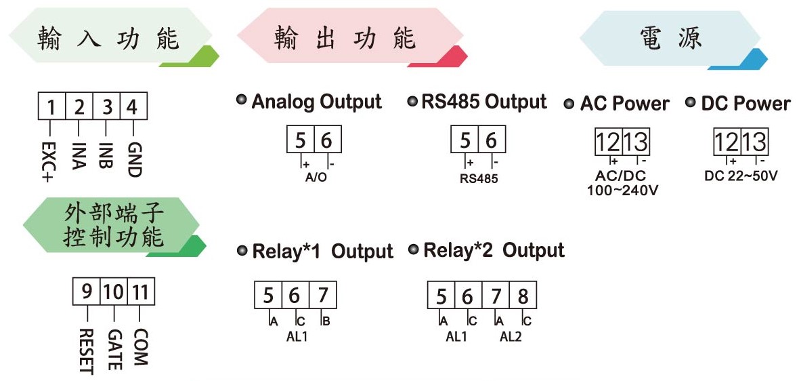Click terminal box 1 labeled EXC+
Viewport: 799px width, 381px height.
[51, 106]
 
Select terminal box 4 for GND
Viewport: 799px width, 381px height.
[133, 106]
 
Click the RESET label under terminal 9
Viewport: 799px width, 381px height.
[87, 351]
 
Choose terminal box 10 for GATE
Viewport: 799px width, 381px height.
[114, 292]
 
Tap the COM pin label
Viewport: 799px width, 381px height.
[140, 346]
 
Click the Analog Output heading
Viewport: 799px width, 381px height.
[316, 102]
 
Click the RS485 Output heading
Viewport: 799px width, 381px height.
[484, 101]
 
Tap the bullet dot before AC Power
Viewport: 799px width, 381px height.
[569, 104]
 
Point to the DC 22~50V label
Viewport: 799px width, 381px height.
[741, 176]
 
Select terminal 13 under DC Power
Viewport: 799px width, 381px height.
[755, 142]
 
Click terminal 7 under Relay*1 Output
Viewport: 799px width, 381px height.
[322, 296]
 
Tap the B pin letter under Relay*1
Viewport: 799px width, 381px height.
[325, 321]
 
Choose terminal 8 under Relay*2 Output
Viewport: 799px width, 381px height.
[522, 296]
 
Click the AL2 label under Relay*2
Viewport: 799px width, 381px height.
[511, 337]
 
